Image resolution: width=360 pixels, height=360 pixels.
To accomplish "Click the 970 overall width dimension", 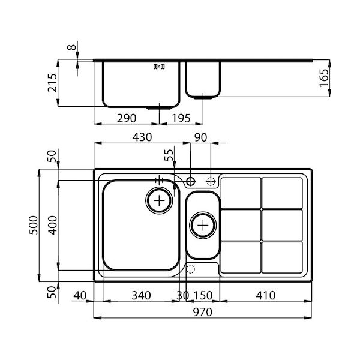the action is pyautogui.click(x=203, y=312).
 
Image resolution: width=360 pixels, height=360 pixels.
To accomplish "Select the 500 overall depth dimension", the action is pyautogui.click(x=33, y=225).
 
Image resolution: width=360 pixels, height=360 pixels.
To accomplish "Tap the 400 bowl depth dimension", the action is pyautogui.click(x=53, y=225).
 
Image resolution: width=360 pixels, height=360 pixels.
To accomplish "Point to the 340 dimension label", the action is pyautogui.click(x=141, y=295).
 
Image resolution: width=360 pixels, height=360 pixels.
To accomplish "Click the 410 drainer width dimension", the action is pyautogui.click(x=266, y=295).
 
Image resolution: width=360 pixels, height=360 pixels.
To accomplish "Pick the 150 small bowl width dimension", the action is pyautogui.click(x=203, y=295).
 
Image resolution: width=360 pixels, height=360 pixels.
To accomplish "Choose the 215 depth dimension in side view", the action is pyautogui.click(x=52, y=83).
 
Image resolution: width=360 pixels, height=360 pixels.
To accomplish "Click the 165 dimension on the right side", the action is pyautogui.click(x=324, y=77).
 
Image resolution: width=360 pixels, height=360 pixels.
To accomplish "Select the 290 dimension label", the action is pyautogui.click(x=127, y=118).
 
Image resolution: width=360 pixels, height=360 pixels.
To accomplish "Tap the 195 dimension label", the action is pyautogui.click(x=181, y=118).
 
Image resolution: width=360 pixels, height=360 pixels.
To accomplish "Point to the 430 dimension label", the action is pyautogui.click(x=142, y=137).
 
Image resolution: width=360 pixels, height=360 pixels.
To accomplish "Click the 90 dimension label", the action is pyautogui.click(x=200, y=137).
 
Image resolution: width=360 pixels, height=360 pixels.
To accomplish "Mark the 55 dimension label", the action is pyautogui.click(x=169, y=155).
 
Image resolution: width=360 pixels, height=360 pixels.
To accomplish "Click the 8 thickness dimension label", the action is pyautogui.click(x=71, y=47).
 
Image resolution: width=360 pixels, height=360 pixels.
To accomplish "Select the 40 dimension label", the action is pyautogui.click(x=80, y=295).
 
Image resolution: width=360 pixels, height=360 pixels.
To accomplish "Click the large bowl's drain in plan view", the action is pyautogui.click(x=159, y=200).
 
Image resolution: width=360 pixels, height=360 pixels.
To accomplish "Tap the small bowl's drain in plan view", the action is pyautogui.click(x=203, y=225).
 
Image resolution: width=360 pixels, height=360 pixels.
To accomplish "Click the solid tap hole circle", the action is pyautogui.click(x=190, y=181).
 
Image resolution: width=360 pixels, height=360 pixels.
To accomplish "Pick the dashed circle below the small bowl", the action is pyautogui.click(x=190, y=269).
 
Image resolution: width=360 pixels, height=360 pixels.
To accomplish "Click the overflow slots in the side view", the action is pyautogui.click(x=159, y=67).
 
